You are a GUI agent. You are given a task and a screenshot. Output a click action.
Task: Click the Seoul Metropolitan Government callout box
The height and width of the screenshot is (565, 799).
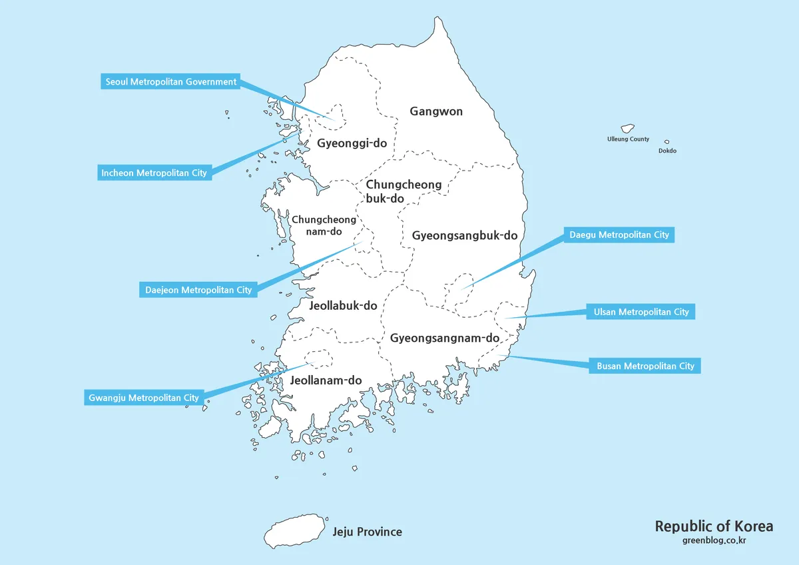tap(171, 82)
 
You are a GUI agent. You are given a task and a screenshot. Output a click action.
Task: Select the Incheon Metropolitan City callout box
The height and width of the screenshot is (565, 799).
tap(154, 173)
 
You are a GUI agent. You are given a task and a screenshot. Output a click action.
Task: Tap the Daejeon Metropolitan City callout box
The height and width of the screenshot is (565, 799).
tap(198, 290)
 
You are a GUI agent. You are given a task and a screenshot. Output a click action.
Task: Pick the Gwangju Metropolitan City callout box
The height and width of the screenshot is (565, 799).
tap(144, 398)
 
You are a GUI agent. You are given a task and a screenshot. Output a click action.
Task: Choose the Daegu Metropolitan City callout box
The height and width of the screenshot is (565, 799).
tap(619, 235)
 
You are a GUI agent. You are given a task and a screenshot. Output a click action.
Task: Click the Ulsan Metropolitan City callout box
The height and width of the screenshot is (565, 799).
tap(641, 312)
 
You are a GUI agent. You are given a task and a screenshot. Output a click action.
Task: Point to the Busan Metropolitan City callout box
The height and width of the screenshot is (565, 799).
tap(645, 366)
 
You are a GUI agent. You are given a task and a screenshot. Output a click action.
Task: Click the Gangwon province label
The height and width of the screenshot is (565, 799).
tap(436, 111)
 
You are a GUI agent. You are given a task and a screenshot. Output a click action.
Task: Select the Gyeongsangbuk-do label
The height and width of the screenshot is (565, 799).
tap(465, 235)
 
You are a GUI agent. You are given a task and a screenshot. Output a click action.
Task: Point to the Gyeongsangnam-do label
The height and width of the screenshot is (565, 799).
tap(445, 338)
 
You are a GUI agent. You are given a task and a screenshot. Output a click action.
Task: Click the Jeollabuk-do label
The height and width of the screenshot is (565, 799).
tap(344, 306)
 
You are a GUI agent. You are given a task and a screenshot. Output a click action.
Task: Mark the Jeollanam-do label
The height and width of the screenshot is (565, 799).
tap(326, 380)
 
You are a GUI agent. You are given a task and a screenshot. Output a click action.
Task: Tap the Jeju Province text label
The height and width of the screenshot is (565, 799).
tap(368, 532)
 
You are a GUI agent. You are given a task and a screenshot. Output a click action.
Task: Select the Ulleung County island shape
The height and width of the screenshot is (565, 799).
tap(627, 128)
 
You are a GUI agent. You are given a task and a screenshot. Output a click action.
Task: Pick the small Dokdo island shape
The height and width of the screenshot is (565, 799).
tap(666, 142)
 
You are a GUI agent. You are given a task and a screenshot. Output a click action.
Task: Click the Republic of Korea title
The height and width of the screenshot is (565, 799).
tap(714, 526)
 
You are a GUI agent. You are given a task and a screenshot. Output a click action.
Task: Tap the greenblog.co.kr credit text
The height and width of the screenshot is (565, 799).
tap(714, 540)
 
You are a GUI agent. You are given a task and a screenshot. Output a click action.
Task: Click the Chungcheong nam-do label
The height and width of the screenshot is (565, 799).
tap(324, 225)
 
